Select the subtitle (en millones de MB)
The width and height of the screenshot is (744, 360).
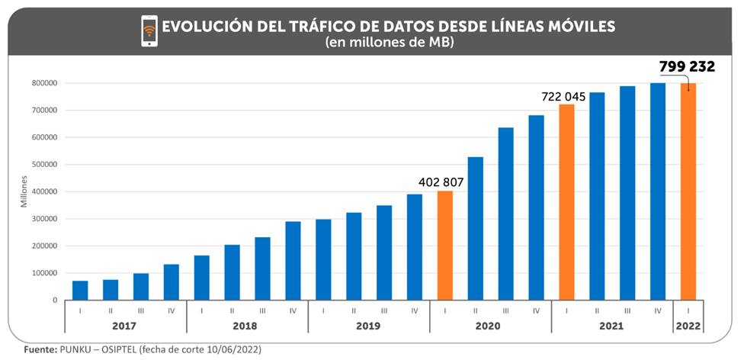(x=390, y=43)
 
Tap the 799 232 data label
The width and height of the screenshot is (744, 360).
(x=687, y=66)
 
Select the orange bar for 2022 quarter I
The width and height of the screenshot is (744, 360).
(x=688, y=191)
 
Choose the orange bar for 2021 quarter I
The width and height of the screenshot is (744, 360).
(x=566, y=202)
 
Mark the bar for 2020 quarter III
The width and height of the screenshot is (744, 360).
(x=505, y=214)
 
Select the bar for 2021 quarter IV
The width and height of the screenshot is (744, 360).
(x=658, y=191)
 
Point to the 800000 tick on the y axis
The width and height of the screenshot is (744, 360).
(x=45, y=83)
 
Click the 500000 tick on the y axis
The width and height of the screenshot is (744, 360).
(x=45, y=165)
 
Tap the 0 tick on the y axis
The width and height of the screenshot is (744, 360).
(x=56, y=300)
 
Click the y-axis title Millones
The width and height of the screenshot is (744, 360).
(x=24, y=191)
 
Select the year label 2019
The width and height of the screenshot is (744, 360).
(x=368, y=326)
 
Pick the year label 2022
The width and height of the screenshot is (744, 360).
(x=688, y=326)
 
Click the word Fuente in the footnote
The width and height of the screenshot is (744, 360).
(x=38, y=349)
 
